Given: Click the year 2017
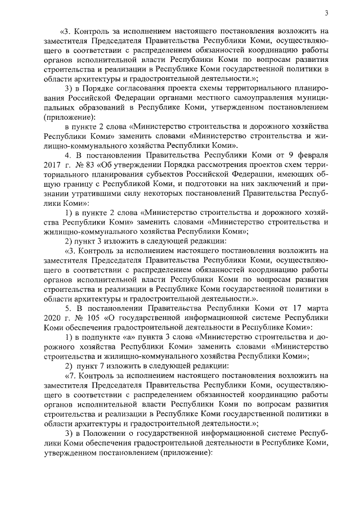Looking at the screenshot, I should click(52, 164).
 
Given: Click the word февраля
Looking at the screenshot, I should click(312, 154).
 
